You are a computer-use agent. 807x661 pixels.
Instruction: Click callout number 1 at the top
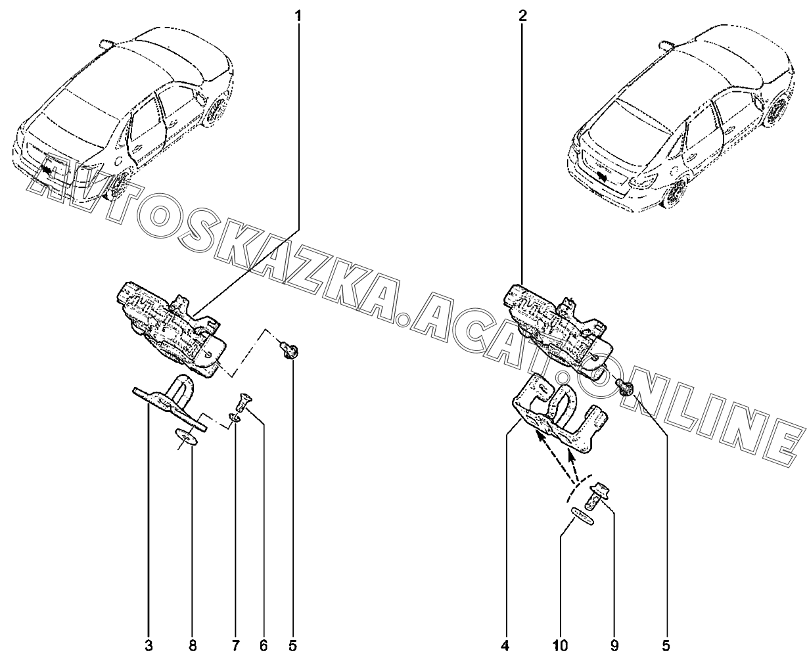[298, 15]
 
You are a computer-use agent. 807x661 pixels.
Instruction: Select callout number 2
[522, 15]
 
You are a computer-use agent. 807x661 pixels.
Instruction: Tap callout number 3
[149, 646]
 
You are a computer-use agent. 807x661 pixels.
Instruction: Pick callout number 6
[264, 646]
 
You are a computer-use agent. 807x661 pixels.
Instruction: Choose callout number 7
[235, 646]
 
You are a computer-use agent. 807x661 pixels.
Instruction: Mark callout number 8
[192, 646]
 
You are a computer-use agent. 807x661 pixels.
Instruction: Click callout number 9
[614, 646]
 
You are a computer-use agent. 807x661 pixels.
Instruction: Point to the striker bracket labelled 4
[557, 413]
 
